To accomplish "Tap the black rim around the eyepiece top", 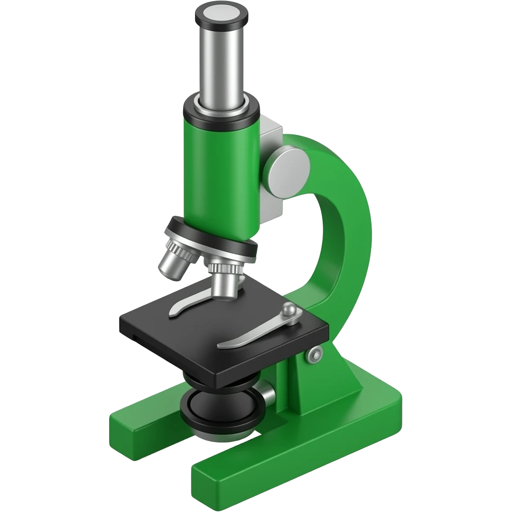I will coord(219,26).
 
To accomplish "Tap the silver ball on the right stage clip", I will coord(289,309).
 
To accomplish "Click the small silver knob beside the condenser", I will coord(268,396).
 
